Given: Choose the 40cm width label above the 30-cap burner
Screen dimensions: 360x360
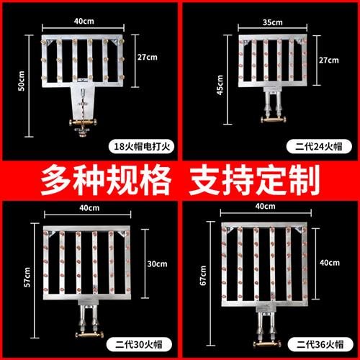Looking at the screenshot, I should [89, 209].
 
